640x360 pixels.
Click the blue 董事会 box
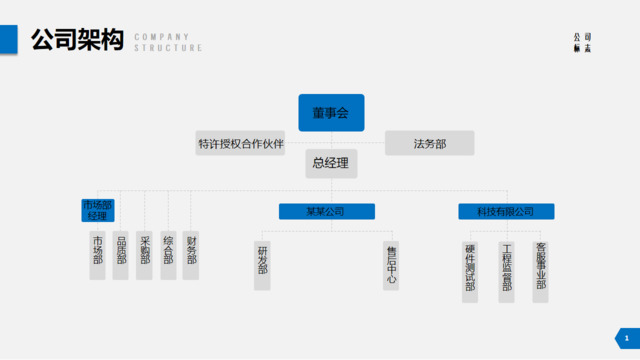(331, 113)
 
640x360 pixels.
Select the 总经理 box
(331, 163)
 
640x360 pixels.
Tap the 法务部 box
(430, 144)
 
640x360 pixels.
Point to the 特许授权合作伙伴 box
(241, 144)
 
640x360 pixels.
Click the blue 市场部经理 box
(97, 211)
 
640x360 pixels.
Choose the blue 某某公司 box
(326, 212)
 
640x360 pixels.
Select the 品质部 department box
(121, 250)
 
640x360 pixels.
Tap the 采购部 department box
(145, 250)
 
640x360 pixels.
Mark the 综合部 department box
(168, 250)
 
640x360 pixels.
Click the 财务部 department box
(191, 250)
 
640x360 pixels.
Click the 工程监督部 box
(506, 268)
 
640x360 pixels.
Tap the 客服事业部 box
(540, 268)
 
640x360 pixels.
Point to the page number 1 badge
(626, 340)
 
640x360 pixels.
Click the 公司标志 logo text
(582, 43)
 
